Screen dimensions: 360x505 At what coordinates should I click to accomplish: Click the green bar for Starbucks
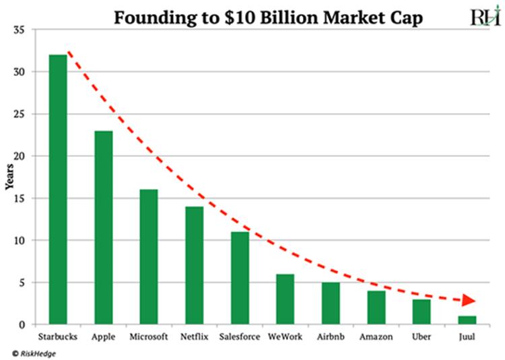(x=58, y=189)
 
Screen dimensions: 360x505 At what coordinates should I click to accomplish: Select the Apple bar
(x=103, y=227)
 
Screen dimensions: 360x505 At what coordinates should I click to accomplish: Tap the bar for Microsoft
(x=148, y=257)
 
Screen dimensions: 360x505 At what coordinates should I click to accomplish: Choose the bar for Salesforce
(x=240, y=278)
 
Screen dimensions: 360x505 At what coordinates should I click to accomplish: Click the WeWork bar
(x=285, y=299)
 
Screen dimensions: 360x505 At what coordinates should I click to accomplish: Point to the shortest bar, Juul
(x=467, y=320)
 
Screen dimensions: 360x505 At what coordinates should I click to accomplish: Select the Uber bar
(x=422, y=312)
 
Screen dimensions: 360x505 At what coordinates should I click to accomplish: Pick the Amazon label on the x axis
(x=376, y=336)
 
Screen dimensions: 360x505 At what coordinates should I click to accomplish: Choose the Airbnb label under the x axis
(x=331, y=336)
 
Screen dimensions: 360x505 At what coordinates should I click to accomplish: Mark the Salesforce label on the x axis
(x=240, y=336)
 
